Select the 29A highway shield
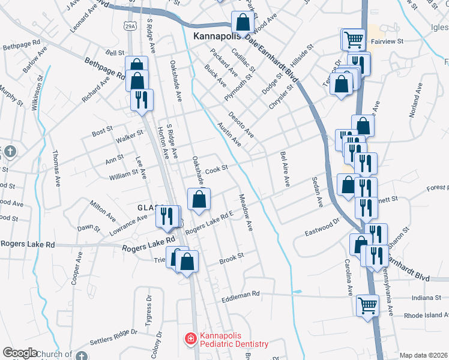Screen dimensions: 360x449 (x=131, y=25)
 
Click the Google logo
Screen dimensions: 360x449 (x=20, y=353)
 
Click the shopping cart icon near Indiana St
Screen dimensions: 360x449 (x=367, y=305)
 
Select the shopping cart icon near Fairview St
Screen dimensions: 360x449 (x=354, y=40)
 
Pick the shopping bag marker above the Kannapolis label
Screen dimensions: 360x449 (x=243, y=22)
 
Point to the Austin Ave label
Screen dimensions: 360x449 (x=229, y=135)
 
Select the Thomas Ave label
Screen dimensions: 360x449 (x=57, y=169)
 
